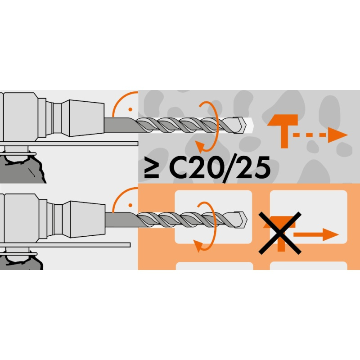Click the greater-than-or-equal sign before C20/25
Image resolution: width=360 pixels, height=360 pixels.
pos(152,167)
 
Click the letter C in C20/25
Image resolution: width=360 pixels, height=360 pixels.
pos(178,167)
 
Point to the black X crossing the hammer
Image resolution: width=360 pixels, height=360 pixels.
pos(280,233)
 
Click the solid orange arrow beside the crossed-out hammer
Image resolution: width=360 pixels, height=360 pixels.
pos(316,234)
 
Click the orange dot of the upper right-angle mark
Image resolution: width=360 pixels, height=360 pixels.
pos(130,109)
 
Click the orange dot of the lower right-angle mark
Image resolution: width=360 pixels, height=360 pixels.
pos(130,205)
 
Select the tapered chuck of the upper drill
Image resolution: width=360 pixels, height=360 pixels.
pos(86,118)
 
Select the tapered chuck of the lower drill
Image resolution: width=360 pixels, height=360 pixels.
pos(88,219)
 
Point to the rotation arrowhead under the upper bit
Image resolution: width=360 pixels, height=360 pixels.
pos(200,147)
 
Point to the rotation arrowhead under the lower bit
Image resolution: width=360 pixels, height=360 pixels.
pos(198,246)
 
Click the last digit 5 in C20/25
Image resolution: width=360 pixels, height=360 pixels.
pos(262,168)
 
